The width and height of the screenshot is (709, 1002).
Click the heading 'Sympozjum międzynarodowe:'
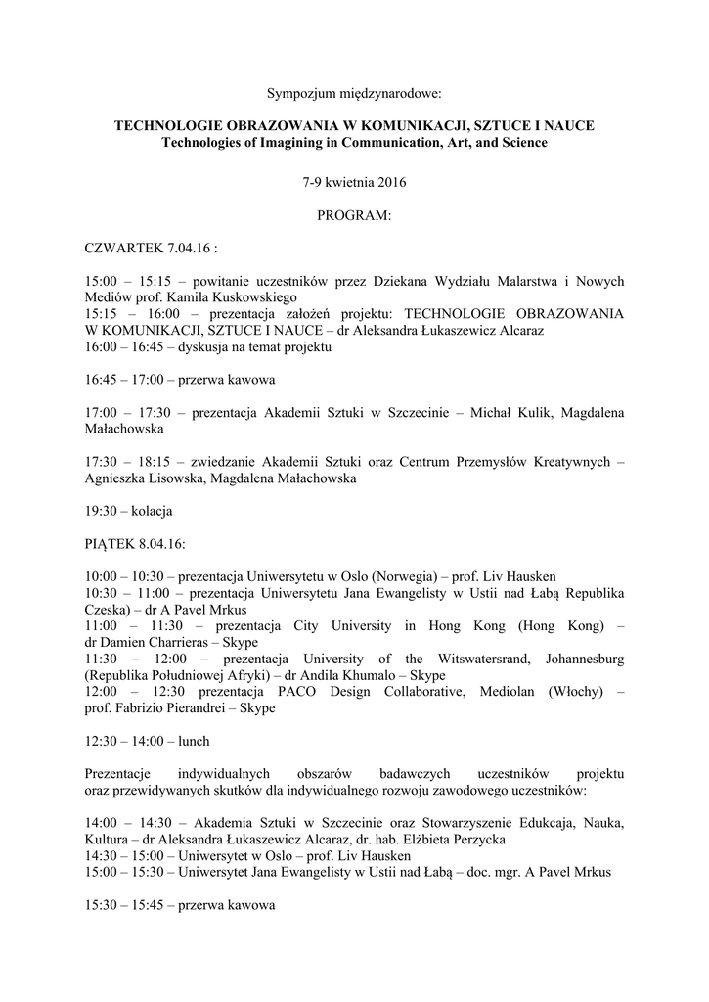pos(354,95)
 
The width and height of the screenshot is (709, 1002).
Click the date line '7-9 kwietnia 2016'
pos(354,183)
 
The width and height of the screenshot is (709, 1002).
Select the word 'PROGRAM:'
pos(354,215)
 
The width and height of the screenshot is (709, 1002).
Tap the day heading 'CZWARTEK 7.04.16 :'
pos(151,248)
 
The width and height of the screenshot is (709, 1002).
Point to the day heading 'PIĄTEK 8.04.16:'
pos(135,543)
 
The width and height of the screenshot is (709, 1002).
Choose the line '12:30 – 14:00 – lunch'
pos(147,741)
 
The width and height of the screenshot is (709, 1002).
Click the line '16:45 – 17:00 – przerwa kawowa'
pos(179,379)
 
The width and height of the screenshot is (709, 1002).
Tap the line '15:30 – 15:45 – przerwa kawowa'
pos(179,905)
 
